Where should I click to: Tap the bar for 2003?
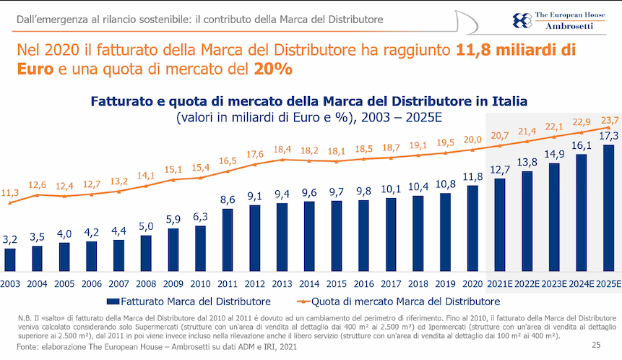coord(9,259)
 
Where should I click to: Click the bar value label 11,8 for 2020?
coord(473,176)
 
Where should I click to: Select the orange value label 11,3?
coord(10,193)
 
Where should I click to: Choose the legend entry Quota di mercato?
coord(405,301)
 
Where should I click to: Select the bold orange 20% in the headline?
coord(273,69)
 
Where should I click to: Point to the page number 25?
coord(596,345)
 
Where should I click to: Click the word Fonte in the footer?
coord(28,348)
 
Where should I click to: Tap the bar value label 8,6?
coord(228,199)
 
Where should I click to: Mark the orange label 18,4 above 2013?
coord(282,149)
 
